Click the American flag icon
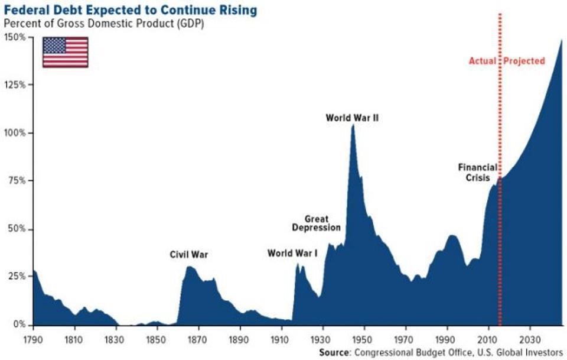(x=65, y=51)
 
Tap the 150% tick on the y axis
(x=15, y=37)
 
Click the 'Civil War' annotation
(x=189, y=255)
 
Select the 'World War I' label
(x=292, y=253)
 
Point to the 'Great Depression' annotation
(x=317, y=223)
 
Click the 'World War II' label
(x=352, y=118)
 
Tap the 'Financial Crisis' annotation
(x=477, y=172)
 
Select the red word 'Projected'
(x=524, y=61)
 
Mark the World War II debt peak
(x=353, y=125)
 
